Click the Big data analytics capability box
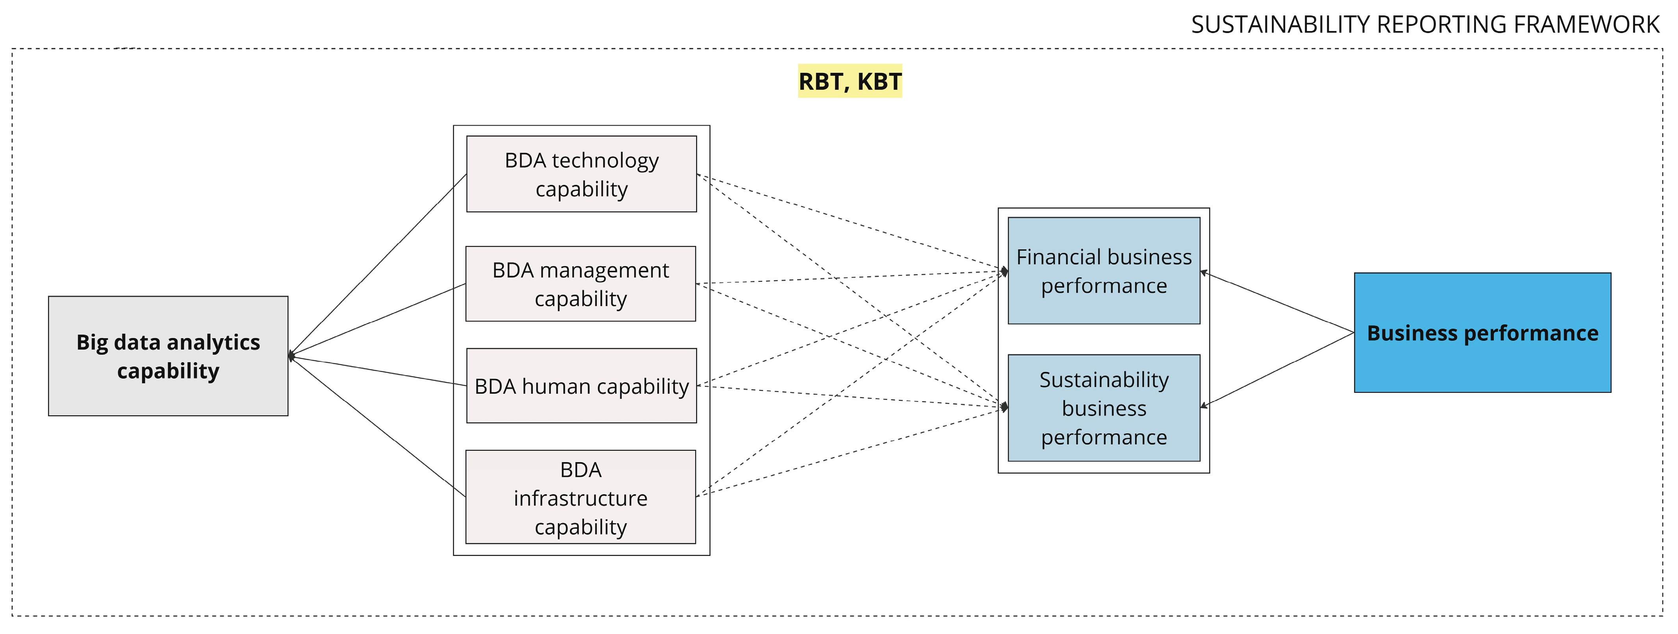pyautogui.click(x=168, y=356)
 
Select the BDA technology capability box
pyautogui.click(x=581, y=174)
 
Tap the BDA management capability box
pyautogui.click(x=580, y=283)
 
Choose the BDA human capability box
pyautogui.click(x=581, y=386)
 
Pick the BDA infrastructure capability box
pyautogui.click(x=580, y=497)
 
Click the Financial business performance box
pyautogui.click(x=1103, y=270)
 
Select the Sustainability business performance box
pyautogui.click(x=1103, y=408)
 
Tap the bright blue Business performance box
pyautogui.click(x=1482, y=332)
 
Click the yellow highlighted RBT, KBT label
pyautogui.click(x=849, y=82)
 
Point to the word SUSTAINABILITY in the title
pyautogui.click(x=1280, y=25)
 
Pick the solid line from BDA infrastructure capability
pyautogui.click(x=378, y=427)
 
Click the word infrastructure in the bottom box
pyautogui.click(x=580, y=498)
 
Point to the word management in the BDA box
pyautogui.click(x=603, y=270)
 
